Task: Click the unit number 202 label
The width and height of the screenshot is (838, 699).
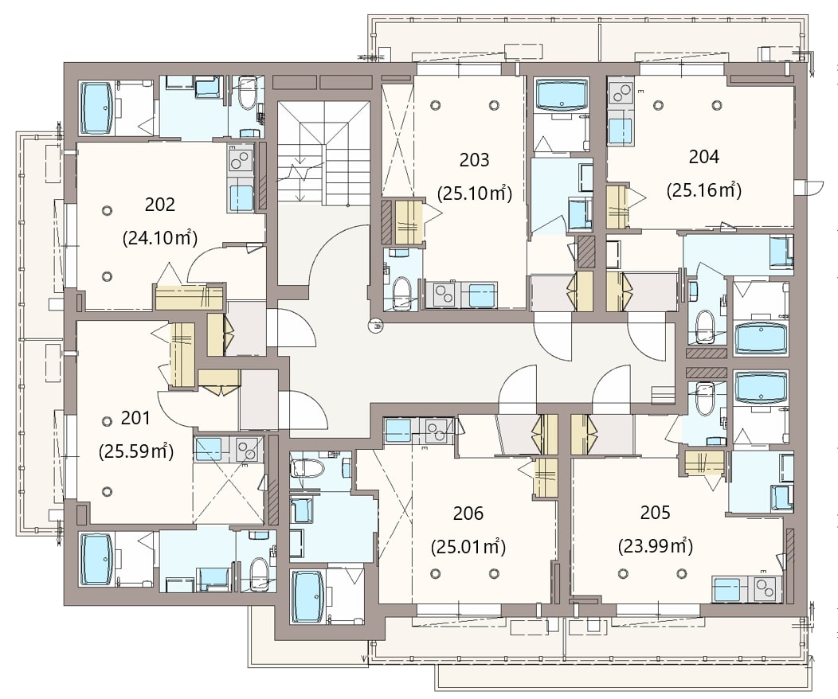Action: pos(160,205)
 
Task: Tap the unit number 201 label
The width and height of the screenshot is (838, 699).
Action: pos(135,418)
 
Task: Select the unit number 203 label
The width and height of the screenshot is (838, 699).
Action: pos(474,160)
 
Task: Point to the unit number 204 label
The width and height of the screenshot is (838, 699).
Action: pos(704,157)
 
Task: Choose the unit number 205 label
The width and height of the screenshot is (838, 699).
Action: pos(656,513)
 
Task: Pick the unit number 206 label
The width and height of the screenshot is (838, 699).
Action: pos(468,514)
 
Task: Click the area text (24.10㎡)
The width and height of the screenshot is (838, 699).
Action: pos(160,237)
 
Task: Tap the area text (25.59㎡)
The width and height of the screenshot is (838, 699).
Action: pos(136,451)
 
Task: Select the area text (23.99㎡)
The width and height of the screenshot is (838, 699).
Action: pos(656,546)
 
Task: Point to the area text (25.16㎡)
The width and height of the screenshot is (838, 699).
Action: pos(704,190)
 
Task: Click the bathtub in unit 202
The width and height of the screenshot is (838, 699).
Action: pos(96,107)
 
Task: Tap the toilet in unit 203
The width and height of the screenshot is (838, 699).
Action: pos(401,293)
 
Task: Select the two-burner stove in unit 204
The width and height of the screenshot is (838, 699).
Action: pos(620,93)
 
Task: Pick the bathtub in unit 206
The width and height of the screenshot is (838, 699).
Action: pos(307,596)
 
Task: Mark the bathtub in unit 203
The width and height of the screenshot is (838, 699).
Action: pos(561,95)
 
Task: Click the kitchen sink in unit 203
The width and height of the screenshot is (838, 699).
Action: pos(482,295)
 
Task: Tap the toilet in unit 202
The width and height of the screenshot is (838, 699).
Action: pos(247,93)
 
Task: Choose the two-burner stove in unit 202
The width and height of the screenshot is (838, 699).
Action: pos(240,159)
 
